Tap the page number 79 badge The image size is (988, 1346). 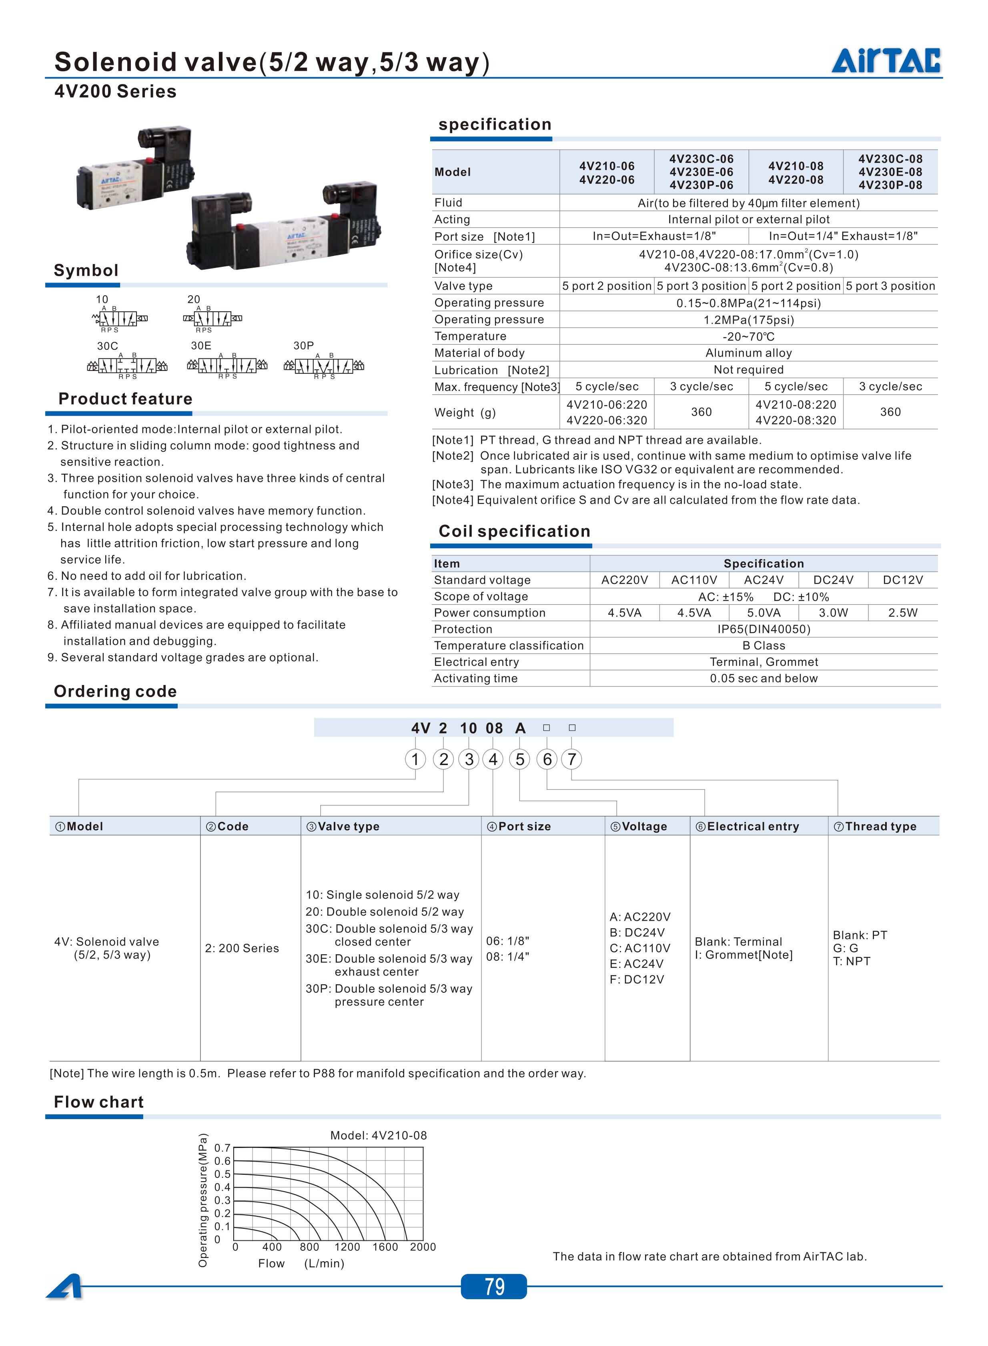[494, 1286]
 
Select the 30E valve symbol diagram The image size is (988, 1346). [227, 365]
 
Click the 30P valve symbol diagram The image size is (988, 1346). [324, 365]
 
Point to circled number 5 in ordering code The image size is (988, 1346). [520, 759]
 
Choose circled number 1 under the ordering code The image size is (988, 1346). [415, 759]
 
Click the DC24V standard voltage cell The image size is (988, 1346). [833, 580]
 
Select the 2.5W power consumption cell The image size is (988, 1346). [902, 613]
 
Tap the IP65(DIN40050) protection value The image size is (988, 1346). [764, 629]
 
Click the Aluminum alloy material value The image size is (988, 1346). [748, 353]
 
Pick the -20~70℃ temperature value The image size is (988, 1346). [748, 336]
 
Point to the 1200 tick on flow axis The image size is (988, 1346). [347, 1247]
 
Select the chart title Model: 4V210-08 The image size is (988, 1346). [379, 1136]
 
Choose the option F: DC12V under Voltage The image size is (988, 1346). [636, 979]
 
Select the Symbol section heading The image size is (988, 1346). [86, 270]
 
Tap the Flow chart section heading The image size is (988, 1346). [99, 1102]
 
